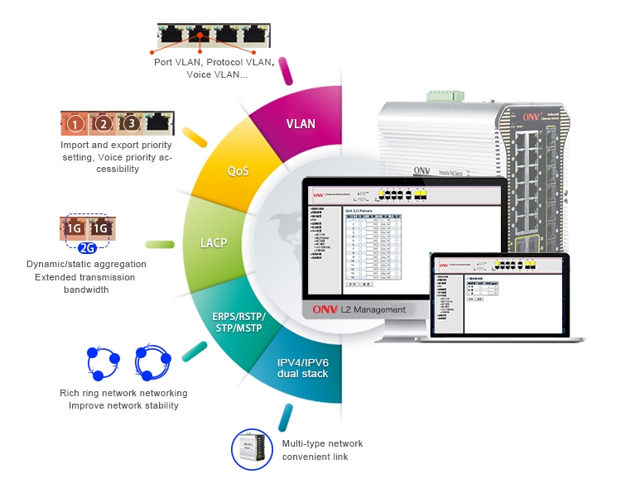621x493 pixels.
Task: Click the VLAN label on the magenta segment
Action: pos(301,124)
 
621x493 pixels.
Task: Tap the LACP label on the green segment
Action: pos(214,244)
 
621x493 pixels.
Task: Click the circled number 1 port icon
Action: pos(75,125)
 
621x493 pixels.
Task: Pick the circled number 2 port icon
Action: pos(103,125)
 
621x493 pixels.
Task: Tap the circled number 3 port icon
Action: pos(131,125)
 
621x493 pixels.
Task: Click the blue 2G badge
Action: pos(89,247)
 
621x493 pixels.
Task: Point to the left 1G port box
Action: pos(75,227)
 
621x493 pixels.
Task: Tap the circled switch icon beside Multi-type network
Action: pos(252,450)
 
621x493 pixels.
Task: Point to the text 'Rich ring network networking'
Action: pos(123,393)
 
